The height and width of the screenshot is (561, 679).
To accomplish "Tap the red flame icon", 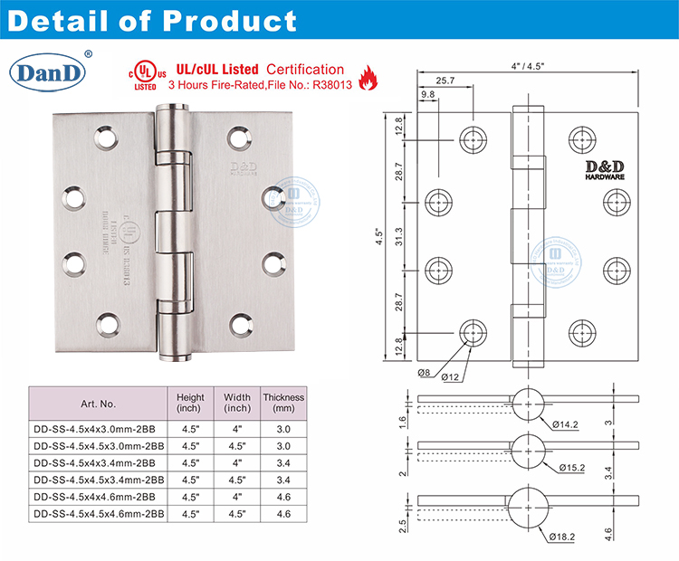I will point(368,78).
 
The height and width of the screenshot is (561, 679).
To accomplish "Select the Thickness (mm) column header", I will point(282,403).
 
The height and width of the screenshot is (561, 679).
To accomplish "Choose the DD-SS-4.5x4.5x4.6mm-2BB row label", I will point(98,514).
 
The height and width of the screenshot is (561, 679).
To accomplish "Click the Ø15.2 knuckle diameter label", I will point(570,467).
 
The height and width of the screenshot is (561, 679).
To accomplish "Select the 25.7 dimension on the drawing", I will point(445,81).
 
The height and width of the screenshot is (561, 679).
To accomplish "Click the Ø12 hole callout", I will point(453,374).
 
